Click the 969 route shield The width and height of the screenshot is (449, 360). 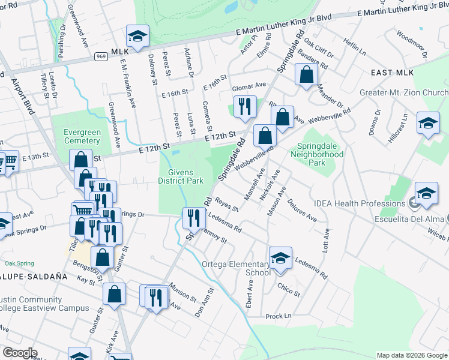[x=101, y=56]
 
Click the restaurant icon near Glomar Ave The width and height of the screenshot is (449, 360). [x=245, y=106]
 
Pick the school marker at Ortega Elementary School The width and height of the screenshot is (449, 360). [x=280, y=258]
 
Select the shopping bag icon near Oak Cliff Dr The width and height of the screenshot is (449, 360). [x=307, y=75]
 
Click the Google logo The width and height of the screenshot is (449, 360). [x=20, y=353]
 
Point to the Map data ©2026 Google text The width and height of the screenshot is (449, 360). [x=412, y=355]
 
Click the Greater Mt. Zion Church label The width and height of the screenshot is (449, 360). [x=404, y=93]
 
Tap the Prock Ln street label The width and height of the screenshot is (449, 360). [x=278, y=316]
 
